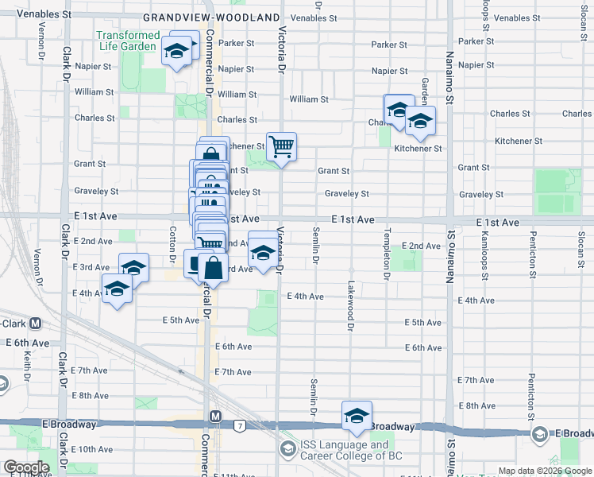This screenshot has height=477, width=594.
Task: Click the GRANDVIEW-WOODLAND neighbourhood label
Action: pyautogui.click(x=211, y=17)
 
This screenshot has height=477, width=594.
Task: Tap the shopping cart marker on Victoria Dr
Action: pyautogui.click(x=281, y=147)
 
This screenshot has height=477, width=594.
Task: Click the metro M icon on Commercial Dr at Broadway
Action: pyautogui.click(x=214, y=417)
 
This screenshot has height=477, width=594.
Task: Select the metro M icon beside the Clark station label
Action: pyautogui.click(x=35, y=324)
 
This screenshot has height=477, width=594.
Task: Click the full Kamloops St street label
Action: pyautogui.click(x=484, y=257)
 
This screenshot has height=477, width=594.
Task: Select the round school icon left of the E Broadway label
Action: pyautogui.click(x=539, y=433)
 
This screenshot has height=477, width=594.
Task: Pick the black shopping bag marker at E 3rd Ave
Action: pyautogui.click(x=213, y=268)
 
